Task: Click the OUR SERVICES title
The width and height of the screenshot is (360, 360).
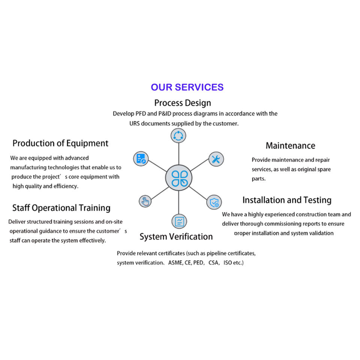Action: point(187,87)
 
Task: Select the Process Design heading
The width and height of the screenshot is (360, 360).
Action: point(183,103)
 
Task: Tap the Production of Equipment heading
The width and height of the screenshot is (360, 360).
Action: point(60,143)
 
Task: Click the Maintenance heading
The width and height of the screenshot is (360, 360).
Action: point(290,145)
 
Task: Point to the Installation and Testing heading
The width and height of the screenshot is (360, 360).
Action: point(287,200)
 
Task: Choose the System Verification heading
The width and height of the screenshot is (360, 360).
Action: point(176,237)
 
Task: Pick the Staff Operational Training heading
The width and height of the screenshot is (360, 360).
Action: point(61,208)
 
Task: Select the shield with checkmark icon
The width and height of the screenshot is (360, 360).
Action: point(214,202)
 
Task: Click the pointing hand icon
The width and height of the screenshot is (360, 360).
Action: point(145,201)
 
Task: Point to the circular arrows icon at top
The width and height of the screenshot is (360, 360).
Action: point(178,135)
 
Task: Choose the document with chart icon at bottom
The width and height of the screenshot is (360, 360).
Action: point(179,221)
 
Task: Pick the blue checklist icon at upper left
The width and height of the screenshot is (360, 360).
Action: point(141,159)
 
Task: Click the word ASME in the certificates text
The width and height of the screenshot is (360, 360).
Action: point(175,263)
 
